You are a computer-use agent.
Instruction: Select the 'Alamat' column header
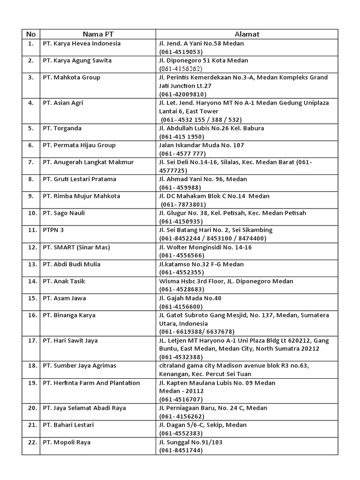[x=247, y=34]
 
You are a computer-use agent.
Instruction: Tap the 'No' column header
[x=30, y=34]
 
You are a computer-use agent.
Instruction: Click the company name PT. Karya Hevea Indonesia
[x=82, y=44]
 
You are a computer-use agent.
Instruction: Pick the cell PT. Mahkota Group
[x=71, y=77]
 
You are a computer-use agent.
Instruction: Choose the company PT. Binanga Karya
[x=69, y=315]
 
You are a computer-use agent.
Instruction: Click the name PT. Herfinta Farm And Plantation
[x=91, y=383]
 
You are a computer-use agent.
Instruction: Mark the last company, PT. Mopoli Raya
[x=67, y=442]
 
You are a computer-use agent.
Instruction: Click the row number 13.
[x=31, y=264]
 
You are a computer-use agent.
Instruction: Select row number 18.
[x=31, y=365]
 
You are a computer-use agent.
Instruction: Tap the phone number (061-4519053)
[x=181, y=52]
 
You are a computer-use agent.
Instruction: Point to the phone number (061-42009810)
[x=183, y=94]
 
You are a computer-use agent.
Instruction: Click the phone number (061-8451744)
[x=181, y=450]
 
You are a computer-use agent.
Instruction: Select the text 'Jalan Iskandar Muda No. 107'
[x=202, y=145]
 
